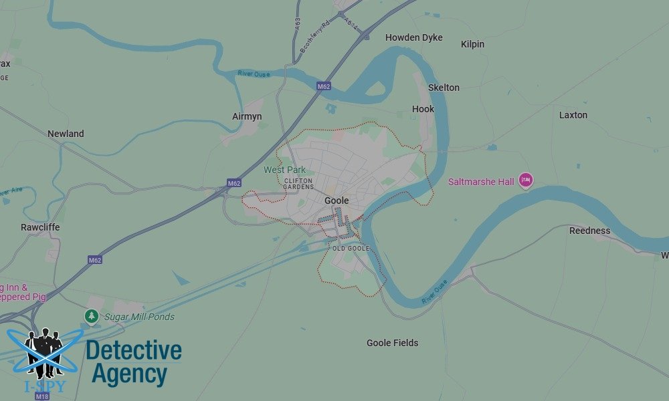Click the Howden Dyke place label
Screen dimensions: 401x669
click(x=413, y=37)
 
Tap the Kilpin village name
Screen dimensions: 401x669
click(x=472, y=44)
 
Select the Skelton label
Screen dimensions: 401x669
click(x=444, y=88)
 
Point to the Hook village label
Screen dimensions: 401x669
click(x=423, y=109)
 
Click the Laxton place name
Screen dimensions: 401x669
click(x=573, y=115)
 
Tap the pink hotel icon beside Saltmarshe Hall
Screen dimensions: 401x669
click(x=526, y=180)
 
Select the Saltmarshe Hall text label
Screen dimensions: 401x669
click(x=481, y=181)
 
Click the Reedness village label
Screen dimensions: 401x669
click(x=589, y=231)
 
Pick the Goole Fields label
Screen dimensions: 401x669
click(x=392, y=343)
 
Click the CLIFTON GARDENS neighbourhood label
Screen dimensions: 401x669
click(x=298, y=183)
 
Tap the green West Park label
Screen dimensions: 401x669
click(x=284, y=170)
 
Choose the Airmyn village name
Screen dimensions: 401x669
click(x=247, y=116)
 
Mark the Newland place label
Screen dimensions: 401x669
click(x=66, y=134)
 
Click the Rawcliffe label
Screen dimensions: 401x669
click(x=40, y=227)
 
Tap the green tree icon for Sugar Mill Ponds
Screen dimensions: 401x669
click(x=92, y=315)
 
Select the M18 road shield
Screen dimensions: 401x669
click(x=41, y=396)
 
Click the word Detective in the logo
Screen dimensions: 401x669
click(x=134, y=350)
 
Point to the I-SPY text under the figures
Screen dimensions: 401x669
click(x=45, y=387)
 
